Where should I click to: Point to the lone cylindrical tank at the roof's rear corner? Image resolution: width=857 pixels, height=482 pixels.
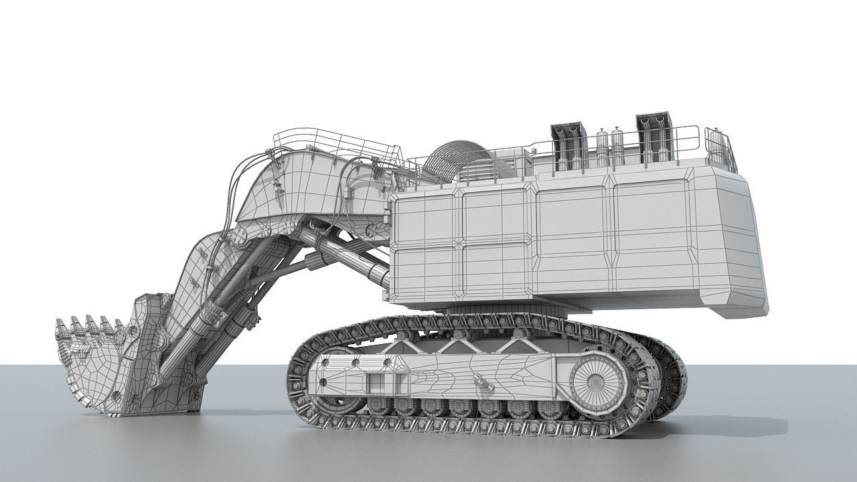click(716, 147)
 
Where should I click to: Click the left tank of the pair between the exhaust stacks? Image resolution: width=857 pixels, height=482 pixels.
click(602, 149)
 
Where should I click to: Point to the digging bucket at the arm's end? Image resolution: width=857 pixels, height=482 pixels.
click(114, 361)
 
